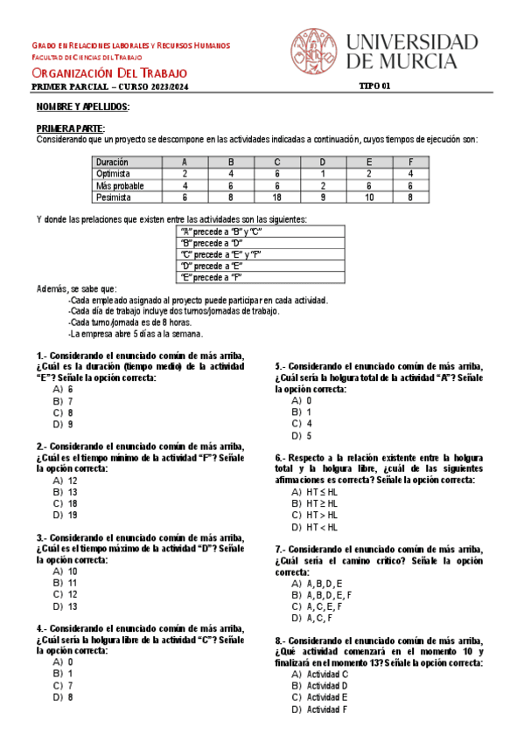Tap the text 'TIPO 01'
pyautogui.click(x=375, y=87)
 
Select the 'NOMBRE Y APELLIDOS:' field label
pyautogui.click(x=83, y=107)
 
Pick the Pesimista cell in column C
pyautogui.click(x=276, y=197)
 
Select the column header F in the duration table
pyautogui.click(x=410, y=162)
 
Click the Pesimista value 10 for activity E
pyautogui.click(x=369, y=197)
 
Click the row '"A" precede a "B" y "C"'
pyautogui.click(x=220, y=232)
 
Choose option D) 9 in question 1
pyautogui.click(x=63, y=425)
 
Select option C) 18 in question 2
pyautogui.click(x=66, y=503)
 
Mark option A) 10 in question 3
pyautogui.click(x=66, y=571)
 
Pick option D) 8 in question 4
pyautogui.click(x=63, y=697)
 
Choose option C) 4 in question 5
pyautogui.click(x=303, y=424)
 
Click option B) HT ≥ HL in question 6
pyautogui.click(x=314, y=504)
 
